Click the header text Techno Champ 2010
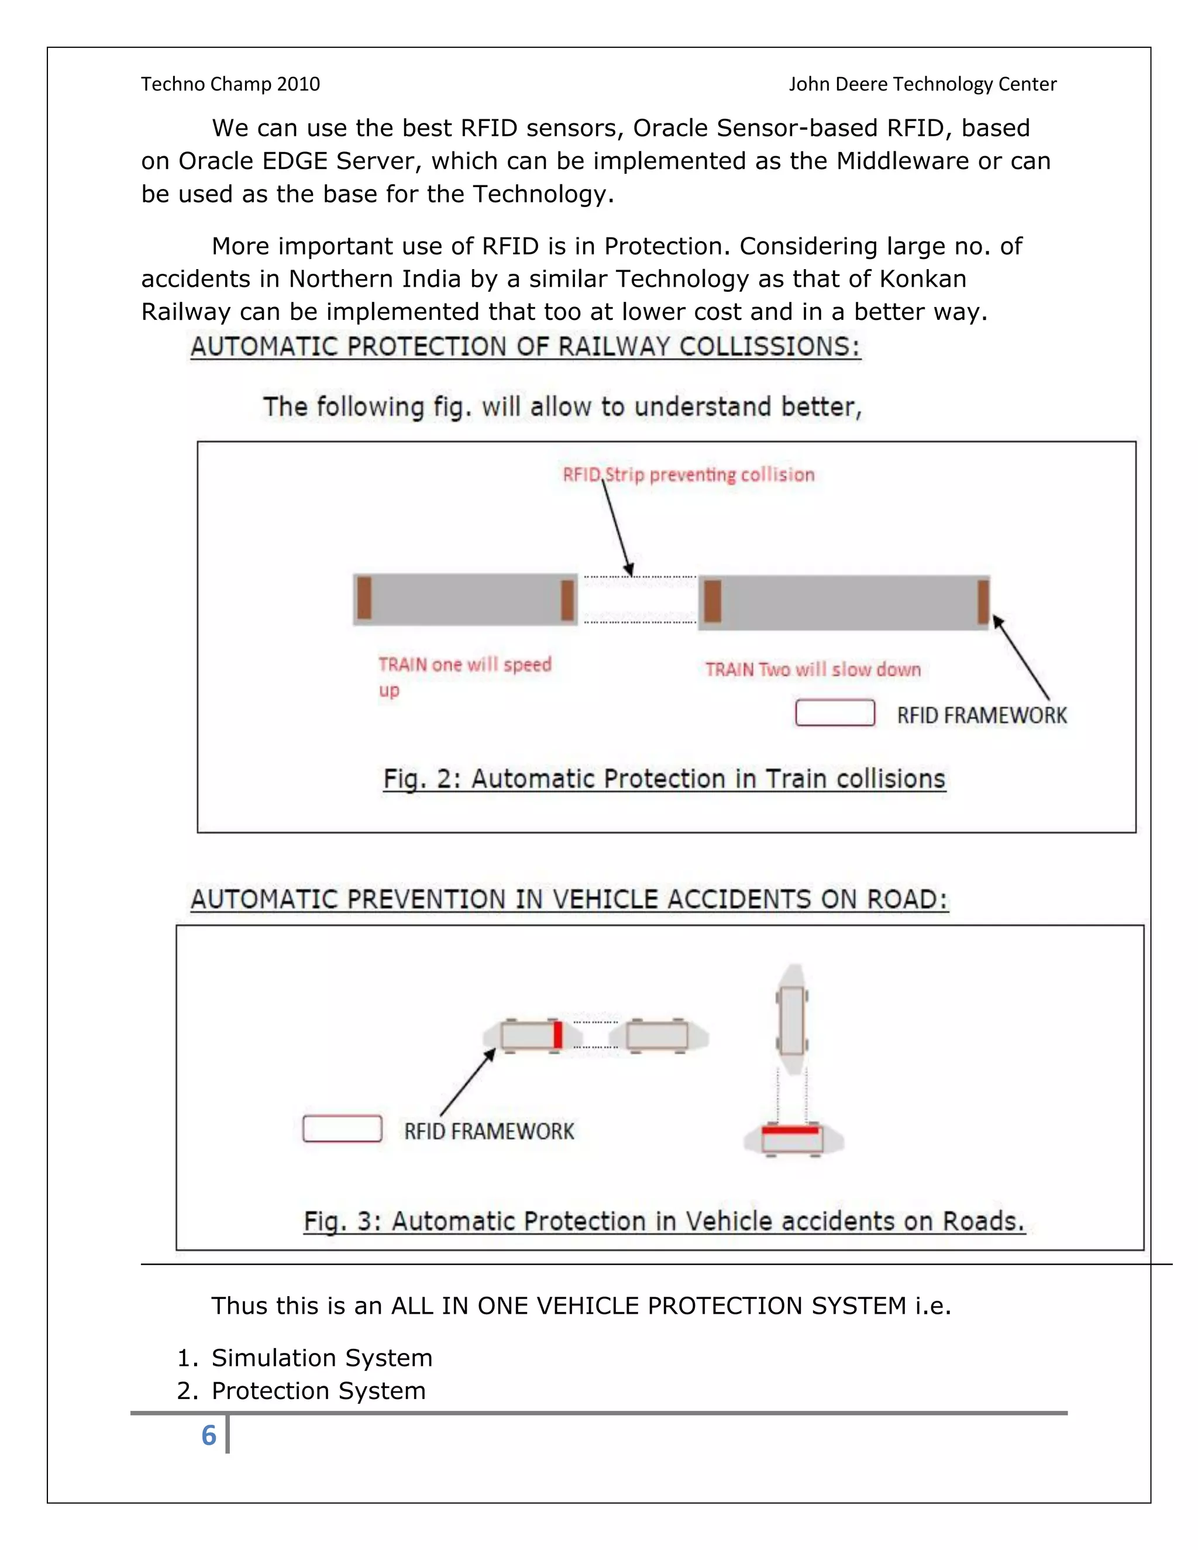[230, 84]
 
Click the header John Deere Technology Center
[922, 84]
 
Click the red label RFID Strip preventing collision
[688, 474]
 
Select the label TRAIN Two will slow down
[813, 669]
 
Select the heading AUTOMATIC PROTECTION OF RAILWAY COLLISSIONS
[525, 346]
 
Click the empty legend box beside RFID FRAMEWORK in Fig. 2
[835, 712]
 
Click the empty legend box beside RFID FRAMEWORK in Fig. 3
[342, 1128]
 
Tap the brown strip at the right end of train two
[983, 601]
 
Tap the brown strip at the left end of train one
[364, 598]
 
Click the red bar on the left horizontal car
[558, 1035]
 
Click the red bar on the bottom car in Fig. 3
[791, 1130]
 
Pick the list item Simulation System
[322, 1357]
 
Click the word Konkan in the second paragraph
[922, 279]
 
